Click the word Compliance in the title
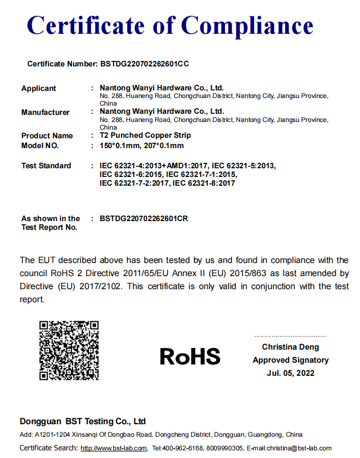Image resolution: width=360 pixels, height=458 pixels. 247,26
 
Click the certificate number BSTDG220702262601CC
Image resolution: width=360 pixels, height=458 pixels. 145,64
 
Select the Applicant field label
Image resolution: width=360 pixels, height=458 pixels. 38,88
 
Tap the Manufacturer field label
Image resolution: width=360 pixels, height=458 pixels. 45,112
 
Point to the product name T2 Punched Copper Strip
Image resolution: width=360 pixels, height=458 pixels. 145,135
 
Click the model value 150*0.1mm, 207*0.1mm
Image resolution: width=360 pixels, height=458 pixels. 142,146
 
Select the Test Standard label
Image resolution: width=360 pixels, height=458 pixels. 46,166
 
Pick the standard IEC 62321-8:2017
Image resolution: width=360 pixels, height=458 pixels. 204,184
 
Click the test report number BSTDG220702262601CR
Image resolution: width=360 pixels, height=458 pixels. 144,218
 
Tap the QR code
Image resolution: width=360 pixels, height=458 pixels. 69,350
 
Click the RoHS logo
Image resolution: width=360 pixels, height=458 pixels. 190,357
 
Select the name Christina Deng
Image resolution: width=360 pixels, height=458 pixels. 290,347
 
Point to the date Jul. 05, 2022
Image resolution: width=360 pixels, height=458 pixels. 290,373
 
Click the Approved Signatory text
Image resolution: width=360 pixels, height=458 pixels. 290,360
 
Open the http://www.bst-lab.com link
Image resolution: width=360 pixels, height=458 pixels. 114,448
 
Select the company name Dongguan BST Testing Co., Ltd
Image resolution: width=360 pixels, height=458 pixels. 83,422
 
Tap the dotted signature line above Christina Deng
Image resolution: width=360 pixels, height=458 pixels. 290,337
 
